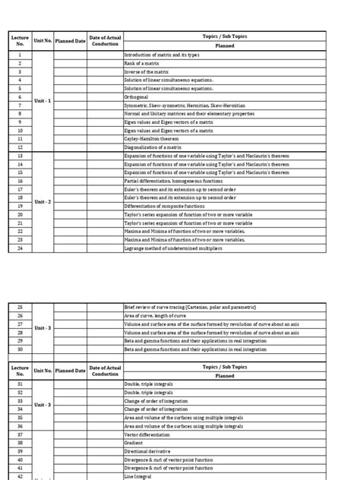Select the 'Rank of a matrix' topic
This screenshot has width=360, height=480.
[141, 64]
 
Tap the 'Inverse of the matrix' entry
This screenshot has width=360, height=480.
[144, 71]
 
